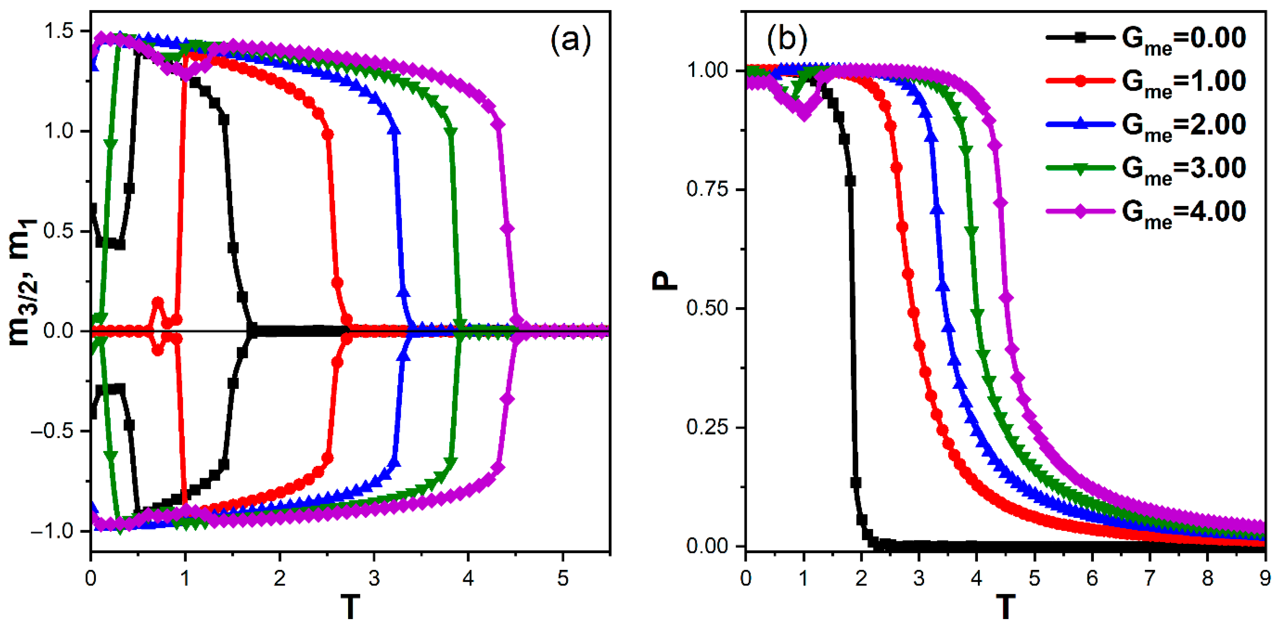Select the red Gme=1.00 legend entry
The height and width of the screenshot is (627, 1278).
(1146, 81)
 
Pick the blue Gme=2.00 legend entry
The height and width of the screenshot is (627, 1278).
(1146, 125)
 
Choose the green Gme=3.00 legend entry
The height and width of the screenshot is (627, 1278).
(1146, 169)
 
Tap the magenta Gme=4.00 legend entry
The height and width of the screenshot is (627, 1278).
(1146, 212)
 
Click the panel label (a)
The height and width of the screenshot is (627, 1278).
(570, 39)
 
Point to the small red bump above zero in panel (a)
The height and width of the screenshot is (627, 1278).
(158, 303)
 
